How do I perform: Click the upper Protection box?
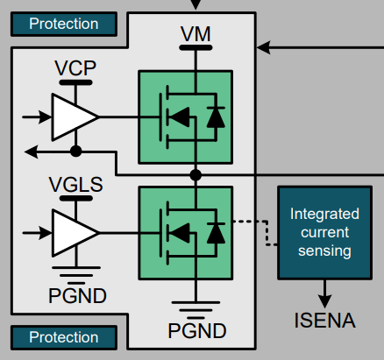click(x=63, y=24)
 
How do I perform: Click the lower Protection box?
click(x=63, y=337)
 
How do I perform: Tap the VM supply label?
click(x=195, y=34)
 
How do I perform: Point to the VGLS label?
click(x=75, y=185)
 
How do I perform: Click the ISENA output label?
click(x=324, y=321)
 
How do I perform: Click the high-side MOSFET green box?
click(x=186, y=116)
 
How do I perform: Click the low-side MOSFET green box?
click(x=186, y=232)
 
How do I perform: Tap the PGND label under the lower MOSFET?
click(x=196, y=331)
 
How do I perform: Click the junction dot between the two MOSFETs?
click(x=196, y=175)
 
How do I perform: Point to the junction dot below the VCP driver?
click(x=76, y=152)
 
